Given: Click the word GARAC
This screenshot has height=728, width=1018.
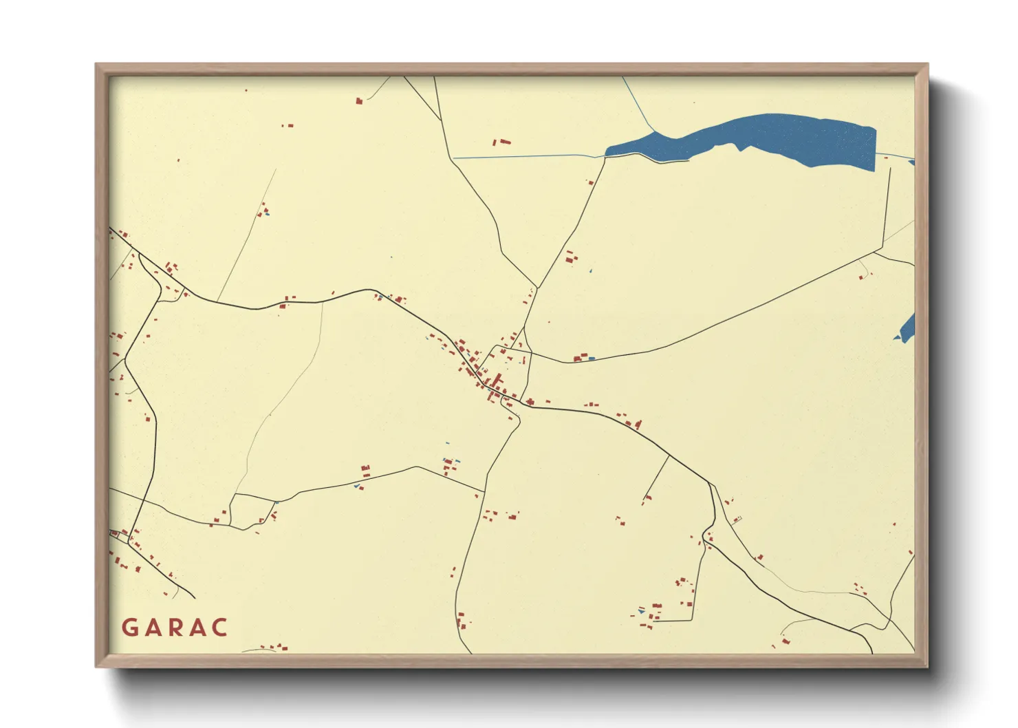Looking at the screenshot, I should click(x=175, y=628).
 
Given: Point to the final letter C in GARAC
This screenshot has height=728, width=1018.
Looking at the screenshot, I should click(x=219, y=628).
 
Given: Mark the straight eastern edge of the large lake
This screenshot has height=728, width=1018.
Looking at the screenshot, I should click(x=874, y=148).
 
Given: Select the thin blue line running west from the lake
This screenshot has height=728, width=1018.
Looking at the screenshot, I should click(x=523, y=156).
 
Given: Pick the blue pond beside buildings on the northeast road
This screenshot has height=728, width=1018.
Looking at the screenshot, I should click(x=591, y=358).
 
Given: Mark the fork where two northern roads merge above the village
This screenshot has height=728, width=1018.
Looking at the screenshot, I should click(x=537, y=287).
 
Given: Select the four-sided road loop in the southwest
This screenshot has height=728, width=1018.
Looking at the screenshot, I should click(x=253, y=511).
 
